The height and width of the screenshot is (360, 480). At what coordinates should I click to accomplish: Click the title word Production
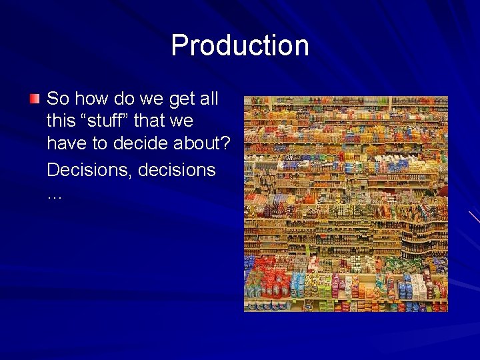[240, 45]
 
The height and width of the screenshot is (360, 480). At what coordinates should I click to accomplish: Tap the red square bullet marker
[35, 99]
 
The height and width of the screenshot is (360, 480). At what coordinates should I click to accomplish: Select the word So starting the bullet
[58, 99]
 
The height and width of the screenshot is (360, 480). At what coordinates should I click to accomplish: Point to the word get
[182, 99]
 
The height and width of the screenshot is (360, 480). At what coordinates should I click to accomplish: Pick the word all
[209, 99]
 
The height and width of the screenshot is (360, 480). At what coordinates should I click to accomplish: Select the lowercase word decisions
[177, 170]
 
